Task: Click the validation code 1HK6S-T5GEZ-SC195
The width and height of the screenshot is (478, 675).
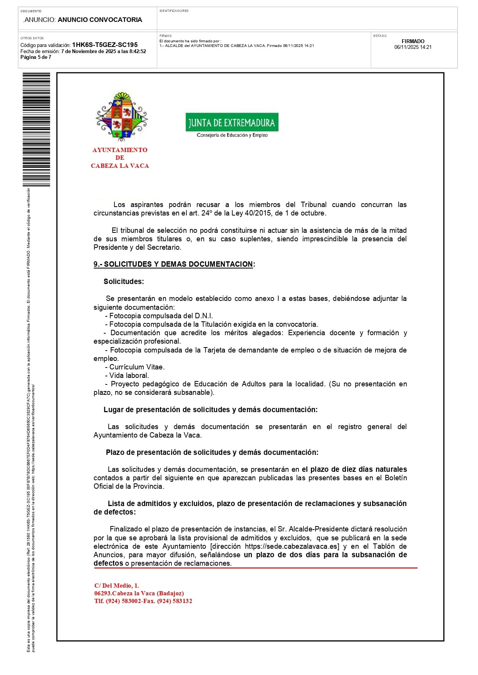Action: pyautogui.click(x=105, y=45)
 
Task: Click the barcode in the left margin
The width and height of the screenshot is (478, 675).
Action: pyautogui.click(x=36, y=129)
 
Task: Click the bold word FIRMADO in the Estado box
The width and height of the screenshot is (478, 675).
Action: pyautogui.click(x=413, y=41)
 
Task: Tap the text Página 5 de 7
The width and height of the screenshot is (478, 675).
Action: pyautogui.click(x=36, y=57)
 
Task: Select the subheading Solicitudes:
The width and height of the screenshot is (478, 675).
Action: pyautogui.click(x=124, y=281)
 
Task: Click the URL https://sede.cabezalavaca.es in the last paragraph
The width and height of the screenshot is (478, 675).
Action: pyautogui.click(x=292, y=546)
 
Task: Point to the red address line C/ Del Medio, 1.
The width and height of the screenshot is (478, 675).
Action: pyautogui.click(x=117, y=585)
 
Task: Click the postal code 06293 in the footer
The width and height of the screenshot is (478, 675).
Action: pyautogui.click(x=102, y=593)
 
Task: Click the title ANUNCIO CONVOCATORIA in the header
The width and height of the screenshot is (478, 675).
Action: pyautogui.click(x=100, y=20)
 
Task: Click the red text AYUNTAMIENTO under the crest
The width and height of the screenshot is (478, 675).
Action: pyautogui.click(x=120, y=150)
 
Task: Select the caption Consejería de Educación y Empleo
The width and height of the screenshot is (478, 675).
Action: pyautogui.click(x=232, y=135)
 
